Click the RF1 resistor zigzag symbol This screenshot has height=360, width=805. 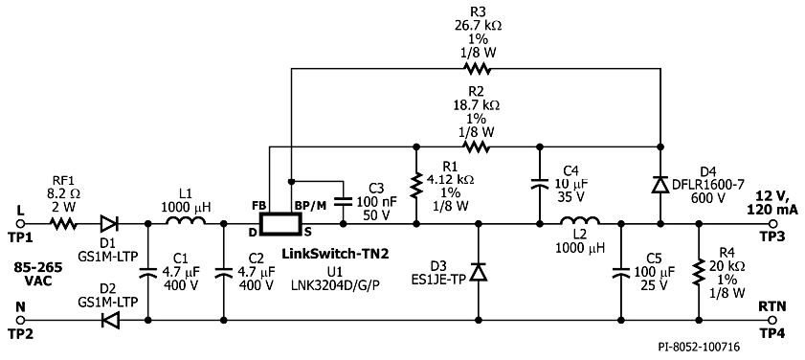(x=64, y=223)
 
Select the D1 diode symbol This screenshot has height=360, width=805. (x=109, y=223)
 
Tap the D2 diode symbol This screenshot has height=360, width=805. (x=109, y=320)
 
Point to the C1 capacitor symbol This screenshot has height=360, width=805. (x=147, y=272)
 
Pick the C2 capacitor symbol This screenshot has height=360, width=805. (x=223, y=272)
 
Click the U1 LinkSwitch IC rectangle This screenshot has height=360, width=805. (x=280, y=224)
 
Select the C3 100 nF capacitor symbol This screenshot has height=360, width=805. (x=343, y=202)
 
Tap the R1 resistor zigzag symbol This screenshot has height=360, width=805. (x=416, y=186)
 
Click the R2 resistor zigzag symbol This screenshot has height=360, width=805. (x=477, y=146)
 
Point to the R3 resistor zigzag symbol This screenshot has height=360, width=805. (x=477, y=68)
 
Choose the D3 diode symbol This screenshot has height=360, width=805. (x=479, y=272)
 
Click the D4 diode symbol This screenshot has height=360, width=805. (x=660, y=185)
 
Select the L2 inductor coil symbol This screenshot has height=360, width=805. (x=580, y=220)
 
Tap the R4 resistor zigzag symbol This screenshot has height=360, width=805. (x=698, y=272)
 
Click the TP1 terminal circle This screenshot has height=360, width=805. (x=20, y=223)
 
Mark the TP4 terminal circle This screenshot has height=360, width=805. (x=772, y=320)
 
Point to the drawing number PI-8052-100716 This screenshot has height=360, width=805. (x=699, y=348)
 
